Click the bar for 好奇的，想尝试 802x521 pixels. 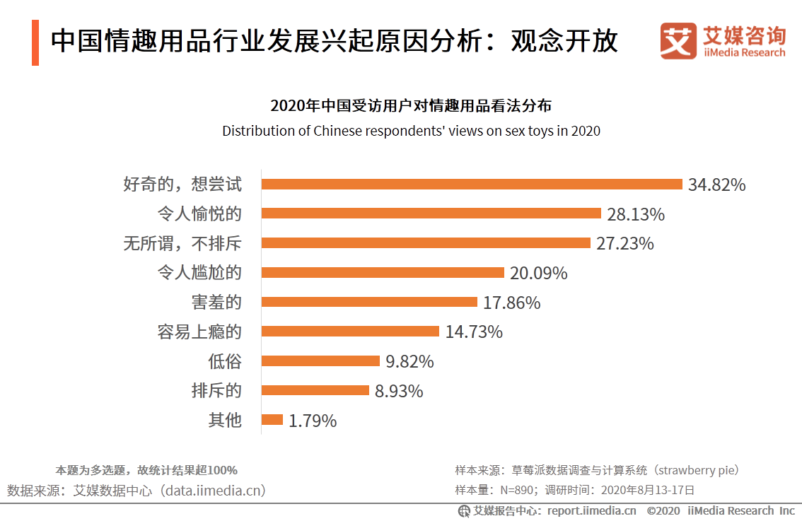tap(471, 185)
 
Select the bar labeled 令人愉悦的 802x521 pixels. tap(431, 213)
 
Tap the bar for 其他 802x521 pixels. tap(272, 420)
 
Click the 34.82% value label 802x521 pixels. tap(716, 185)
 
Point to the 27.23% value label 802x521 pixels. tap(624, 244)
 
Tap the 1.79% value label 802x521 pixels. tap(313, 421)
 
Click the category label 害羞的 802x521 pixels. tap(216, 303)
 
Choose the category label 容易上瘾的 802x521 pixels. tap(199, 332)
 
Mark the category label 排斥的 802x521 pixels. tap(216, 391)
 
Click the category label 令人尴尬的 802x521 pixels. tap(199, 273)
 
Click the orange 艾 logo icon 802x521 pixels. tap(678, 41)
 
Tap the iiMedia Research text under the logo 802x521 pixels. tap(744, 52)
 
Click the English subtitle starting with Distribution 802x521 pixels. tap(411, 131)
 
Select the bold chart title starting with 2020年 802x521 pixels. tap(411, 107)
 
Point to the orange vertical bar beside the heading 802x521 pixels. tap(35, 43)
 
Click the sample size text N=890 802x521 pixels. tap(518, 490)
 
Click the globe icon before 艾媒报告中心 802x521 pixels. tap(464, 510)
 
